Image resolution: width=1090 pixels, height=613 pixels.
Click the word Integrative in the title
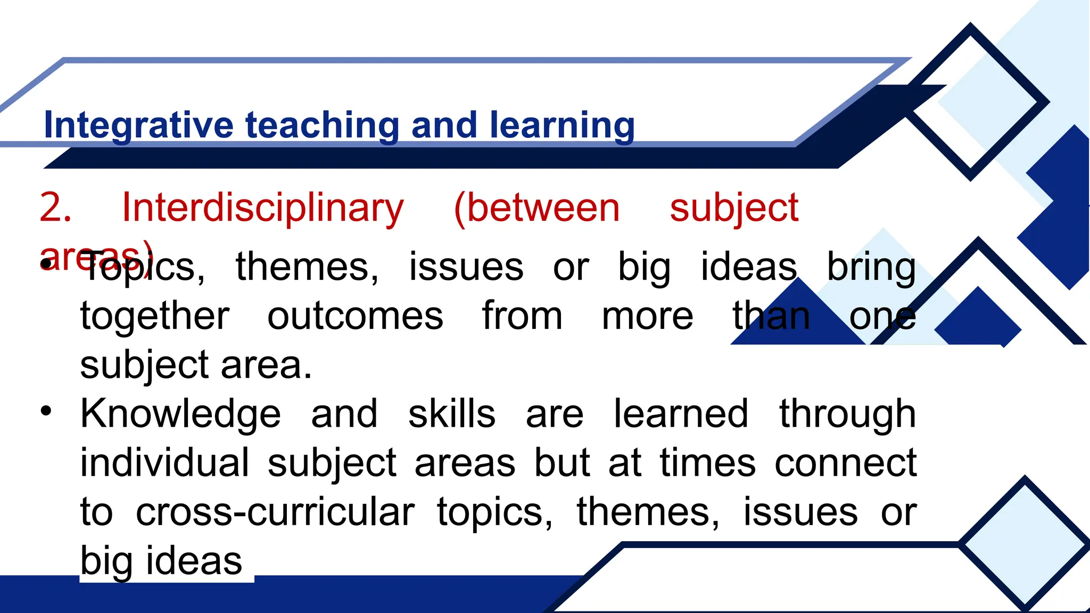click(138, 125)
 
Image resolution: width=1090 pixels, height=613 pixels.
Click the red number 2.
click(55, 208)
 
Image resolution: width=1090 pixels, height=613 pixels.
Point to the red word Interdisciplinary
click(263, 208)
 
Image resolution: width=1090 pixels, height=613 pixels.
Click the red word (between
click(537, 208)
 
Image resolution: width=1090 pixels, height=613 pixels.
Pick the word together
click(155, 316)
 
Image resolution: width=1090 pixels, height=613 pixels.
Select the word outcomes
click(355, 316)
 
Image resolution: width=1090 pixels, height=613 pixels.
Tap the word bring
click(871, 267)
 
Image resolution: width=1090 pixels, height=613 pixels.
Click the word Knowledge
click(180, 414)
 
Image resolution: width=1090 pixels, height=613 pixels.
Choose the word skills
click(452, 414)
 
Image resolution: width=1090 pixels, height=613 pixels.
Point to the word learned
click(681, 414)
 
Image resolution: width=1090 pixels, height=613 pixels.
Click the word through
click(847, 414)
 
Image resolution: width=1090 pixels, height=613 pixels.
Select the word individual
click(164, 463)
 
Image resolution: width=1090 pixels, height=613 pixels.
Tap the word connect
click(846, 463)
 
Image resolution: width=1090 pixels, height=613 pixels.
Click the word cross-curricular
click(275, 512)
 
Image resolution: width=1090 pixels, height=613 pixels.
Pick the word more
click(647, 316)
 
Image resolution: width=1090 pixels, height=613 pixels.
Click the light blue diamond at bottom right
click(1025, 544)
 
